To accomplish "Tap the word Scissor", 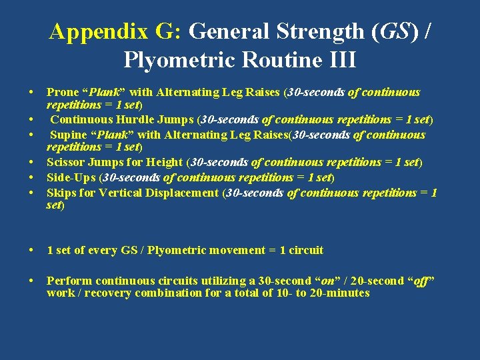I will [x=65, y=163].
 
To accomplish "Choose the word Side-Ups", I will [x=69, y=178].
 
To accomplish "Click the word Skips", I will [x=61, y=193].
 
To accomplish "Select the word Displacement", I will [x=178, y=193].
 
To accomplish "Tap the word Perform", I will [x=67, y=281].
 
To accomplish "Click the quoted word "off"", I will [x=423, y=281].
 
